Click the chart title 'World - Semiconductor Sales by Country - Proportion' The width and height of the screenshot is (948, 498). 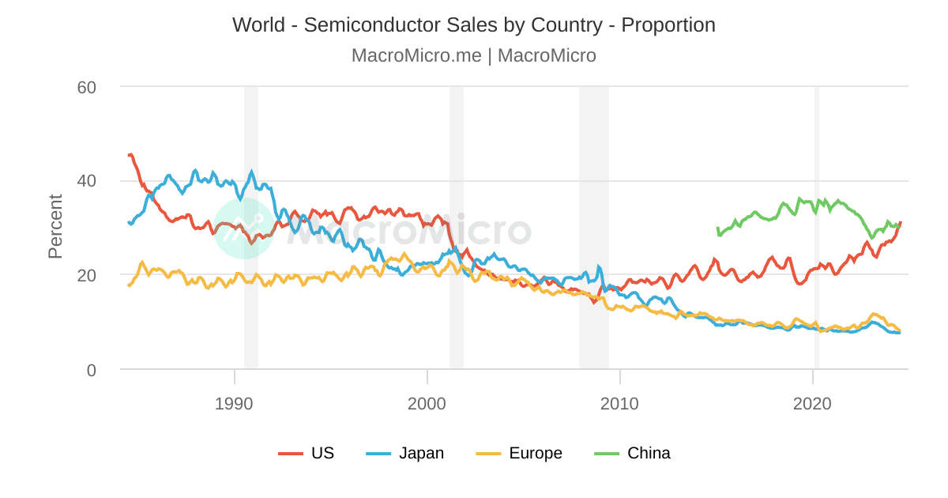pos(474,25)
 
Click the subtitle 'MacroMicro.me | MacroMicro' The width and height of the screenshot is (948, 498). pos(474,56)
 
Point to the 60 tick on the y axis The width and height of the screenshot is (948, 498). pos(87,87)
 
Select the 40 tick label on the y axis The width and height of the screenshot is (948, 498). pos(87,181)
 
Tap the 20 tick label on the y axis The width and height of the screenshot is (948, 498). pos(87,275)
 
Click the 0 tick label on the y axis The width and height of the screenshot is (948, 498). pos(92,370)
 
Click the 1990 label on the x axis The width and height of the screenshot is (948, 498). pos(234,404)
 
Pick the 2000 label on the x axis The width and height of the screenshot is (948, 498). pos(427,404)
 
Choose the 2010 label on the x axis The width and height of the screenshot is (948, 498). pos(620,404)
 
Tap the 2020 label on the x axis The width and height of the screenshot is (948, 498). pos(813,404)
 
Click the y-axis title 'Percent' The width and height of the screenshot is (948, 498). pos(55,227)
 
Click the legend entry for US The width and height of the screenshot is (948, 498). pos(322,453)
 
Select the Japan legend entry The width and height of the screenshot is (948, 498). pos(421,453)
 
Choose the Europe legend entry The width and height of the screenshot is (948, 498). pos(535,453)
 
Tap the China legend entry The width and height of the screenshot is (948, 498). pos(649,453)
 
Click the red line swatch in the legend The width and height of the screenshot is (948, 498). pos(291,454)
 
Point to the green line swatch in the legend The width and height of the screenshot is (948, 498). pos(607,454)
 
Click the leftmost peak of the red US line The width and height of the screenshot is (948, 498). pos(130,155)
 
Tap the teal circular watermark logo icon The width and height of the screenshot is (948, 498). pos(244,228)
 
